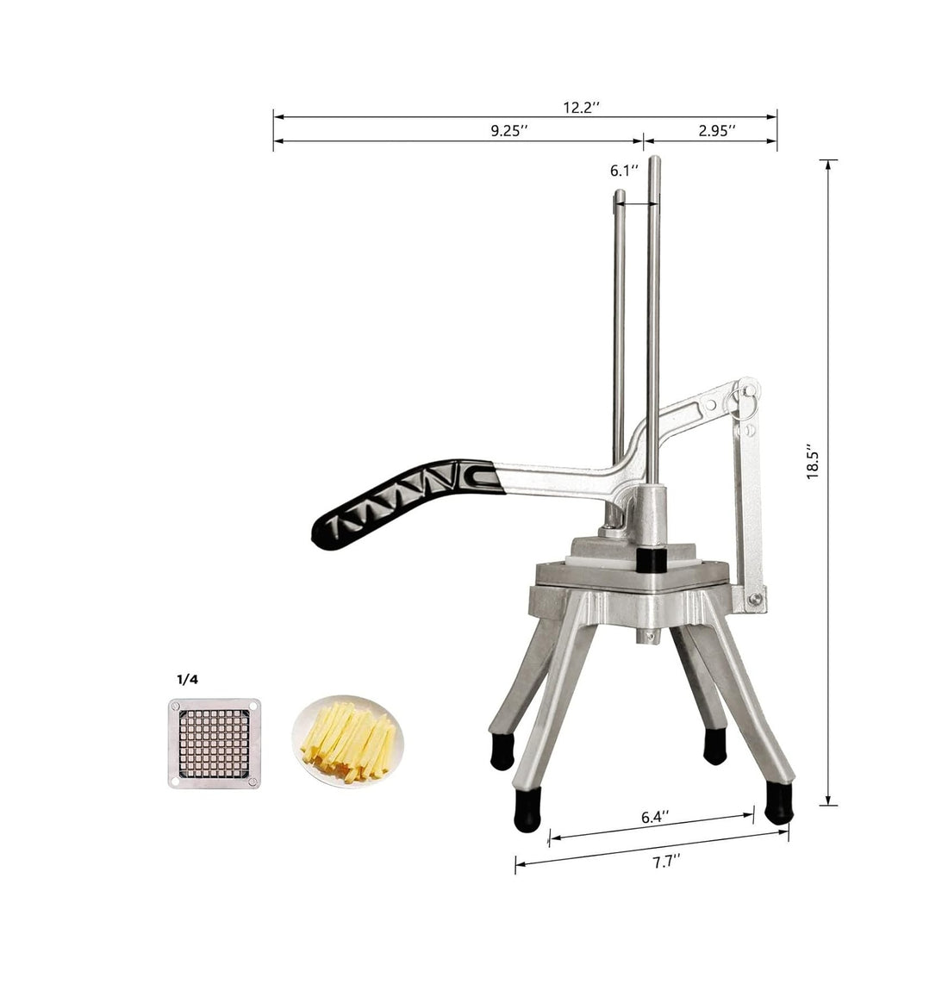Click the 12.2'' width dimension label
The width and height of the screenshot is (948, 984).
[x=582, y=108]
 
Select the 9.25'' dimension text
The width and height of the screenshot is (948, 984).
[x=509, y=131]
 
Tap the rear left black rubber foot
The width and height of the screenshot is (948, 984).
[x=501, y=750]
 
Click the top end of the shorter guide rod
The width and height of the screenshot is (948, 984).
[x=619, y=195]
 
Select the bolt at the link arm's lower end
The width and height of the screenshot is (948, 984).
[x=755, y=597]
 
